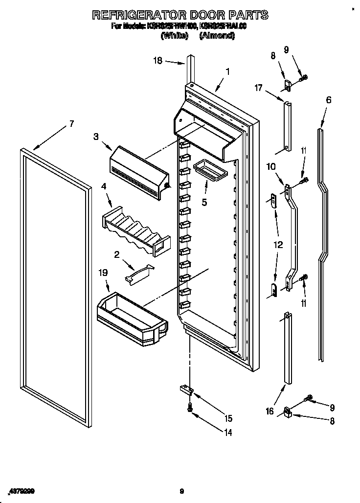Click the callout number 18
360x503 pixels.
[x=157, y=61]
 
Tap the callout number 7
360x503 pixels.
[x=71, y=124]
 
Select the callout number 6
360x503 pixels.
[x=328, y=100]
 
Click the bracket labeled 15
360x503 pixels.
[x=186, y=389]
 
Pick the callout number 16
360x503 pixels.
[x=269, y=412]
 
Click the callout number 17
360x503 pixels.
[x=258, y=88]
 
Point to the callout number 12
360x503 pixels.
[x=278, y=245]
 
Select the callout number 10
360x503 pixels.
[x=270, y=167]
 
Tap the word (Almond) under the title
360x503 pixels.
[x=217, y=35]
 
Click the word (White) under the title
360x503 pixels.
[x=174, y=35]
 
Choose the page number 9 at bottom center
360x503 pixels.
[x=181, y=491]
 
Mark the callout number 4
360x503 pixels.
[x=104, y=186]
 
